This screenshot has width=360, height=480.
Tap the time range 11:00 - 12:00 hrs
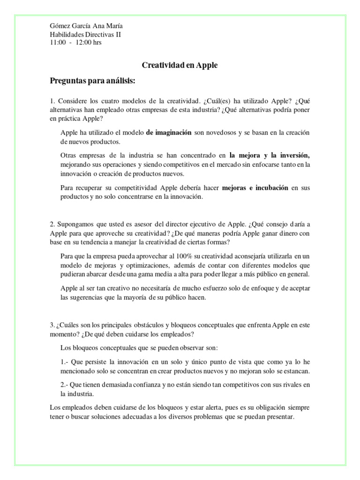click(75, 42)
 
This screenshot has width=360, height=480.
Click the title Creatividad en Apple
click(180, 66)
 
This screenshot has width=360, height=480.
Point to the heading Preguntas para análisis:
click(92, 81)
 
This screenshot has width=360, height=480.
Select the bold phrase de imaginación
click(169, 133)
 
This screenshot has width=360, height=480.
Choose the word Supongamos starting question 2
click(76, 224)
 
